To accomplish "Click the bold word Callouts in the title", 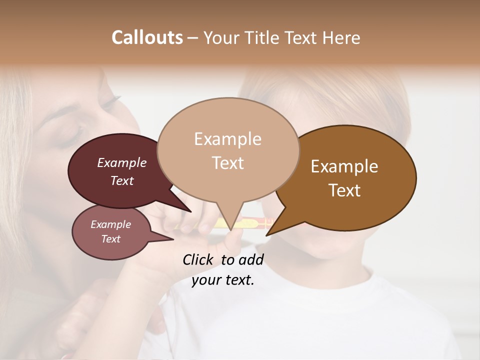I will pyautogui.click(x=147, y=37).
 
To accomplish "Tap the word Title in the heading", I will pyautogui.click(x=264, y=37).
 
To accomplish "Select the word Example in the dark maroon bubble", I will pyautogui.click(x=121, y=162).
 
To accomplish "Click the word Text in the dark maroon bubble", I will pyautogui.click(x=121, y=180).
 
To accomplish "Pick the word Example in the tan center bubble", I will pyautogui.click(x=227, y=139).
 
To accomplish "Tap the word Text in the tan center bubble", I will pyautogui.click(x=227, y=163).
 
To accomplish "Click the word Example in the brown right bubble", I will pyautogui.click(x=344, y=166).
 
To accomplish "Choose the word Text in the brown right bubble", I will pyautogui.click(x=344, y=190).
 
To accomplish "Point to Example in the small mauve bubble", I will pyautogui.click(x=110, y=224).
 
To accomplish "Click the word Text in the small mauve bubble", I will pyautogui.click(x=110, y=239).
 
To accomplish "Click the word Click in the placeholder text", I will pyautogui.click(x=198, y=259).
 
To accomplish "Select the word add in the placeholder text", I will pyautogui.click(x=251, y=259).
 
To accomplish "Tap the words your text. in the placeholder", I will pyautogui.click(x=223, y=280).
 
